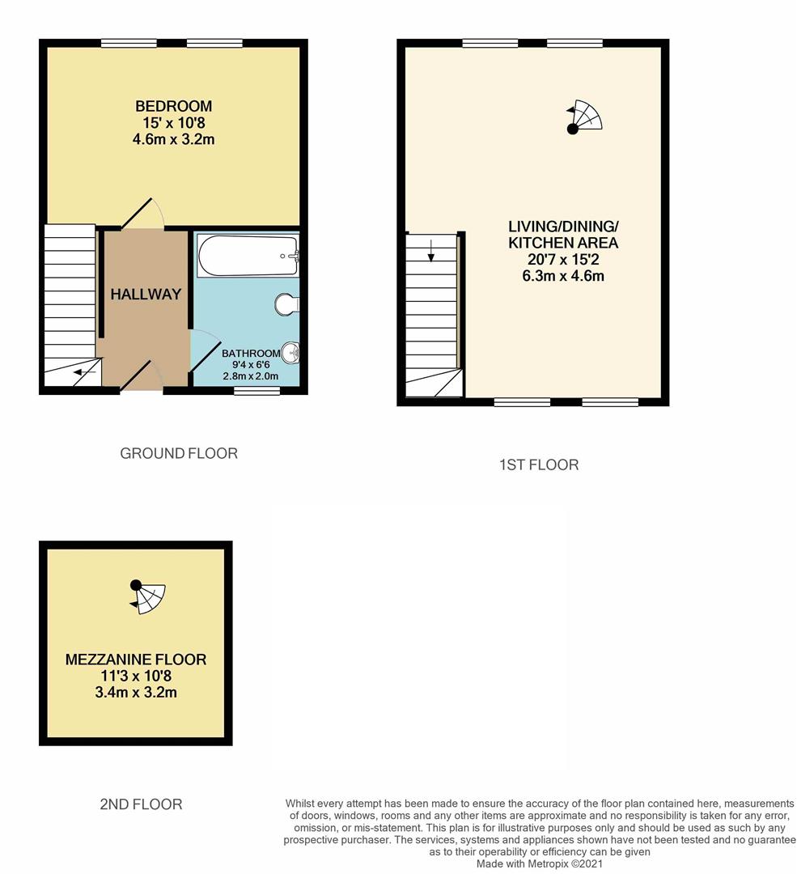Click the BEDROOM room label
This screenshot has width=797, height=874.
173,106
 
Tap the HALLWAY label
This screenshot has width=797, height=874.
146,294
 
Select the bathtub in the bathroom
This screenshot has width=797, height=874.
248,256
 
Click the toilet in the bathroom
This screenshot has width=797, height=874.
287,304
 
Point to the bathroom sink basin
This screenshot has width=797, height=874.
291,353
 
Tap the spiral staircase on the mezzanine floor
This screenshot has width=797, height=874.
148,597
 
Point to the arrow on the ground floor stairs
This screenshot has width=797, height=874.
84,372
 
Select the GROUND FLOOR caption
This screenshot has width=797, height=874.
179,454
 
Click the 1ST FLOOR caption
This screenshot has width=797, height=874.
539,465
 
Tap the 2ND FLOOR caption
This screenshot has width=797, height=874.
141,804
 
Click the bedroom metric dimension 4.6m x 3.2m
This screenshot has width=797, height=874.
173,139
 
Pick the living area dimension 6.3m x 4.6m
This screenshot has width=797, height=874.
563,276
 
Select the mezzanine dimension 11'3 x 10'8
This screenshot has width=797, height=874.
136,676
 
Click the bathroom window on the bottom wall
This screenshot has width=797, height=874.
256,392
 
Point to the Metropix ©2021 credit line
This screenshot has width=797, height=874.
540,864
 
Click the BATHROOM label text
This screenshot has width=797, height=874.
251,354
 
